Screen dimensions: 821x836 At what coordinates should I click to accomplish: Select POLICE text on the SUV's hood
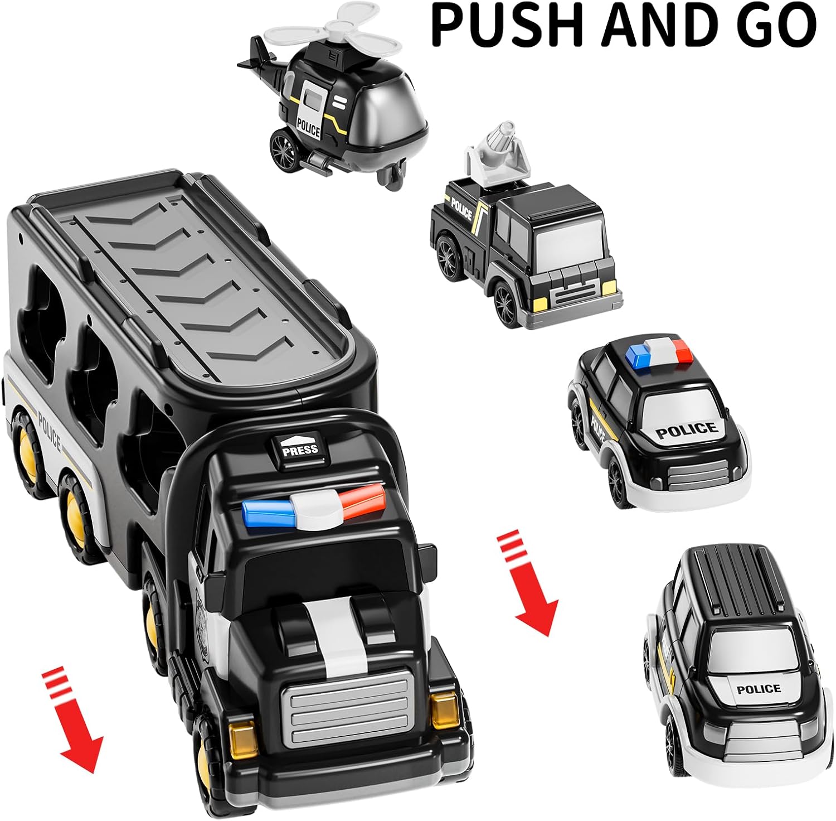pos(759,689)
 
